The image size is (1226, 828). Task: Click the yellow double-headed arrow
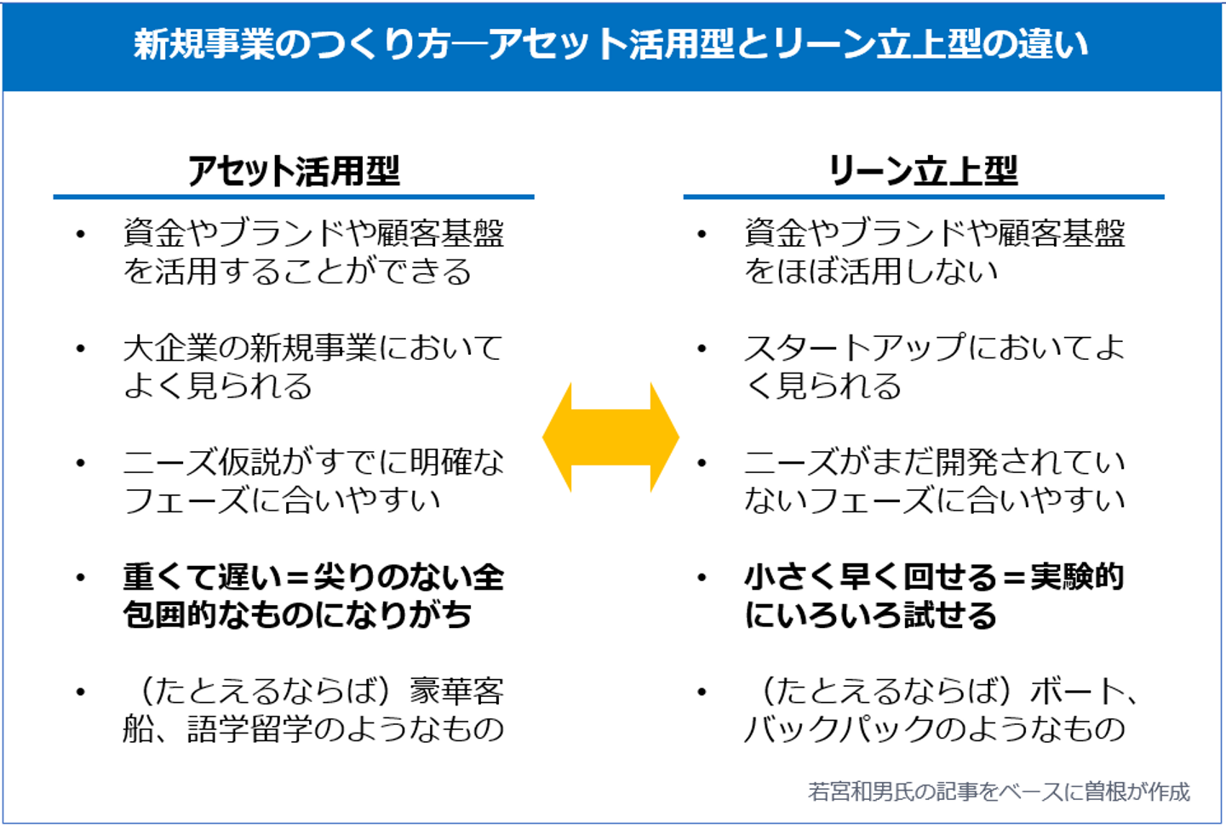tap(610, 437)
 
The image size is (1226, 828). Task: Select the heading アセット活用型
tap(293, 171)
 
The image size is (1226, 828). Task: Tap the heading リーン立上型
tap(923, 171)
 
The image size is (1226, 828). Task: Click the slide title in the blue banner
tap(610, 44)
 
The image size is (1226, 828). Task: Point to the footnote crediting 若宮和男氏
tap(998, 791)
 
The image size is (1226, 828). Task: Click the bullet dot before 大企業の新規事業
tap(81, 348)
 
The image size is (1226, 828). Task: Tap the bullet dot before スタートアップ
tap(702, 348)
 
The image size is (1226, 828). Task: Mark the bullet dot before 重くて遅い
tap(81, 577)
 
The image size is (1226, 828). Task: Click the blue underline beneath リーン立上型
tap(923, 197)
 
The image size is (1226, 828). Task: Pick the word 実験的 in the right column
tap(1077, 577)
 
